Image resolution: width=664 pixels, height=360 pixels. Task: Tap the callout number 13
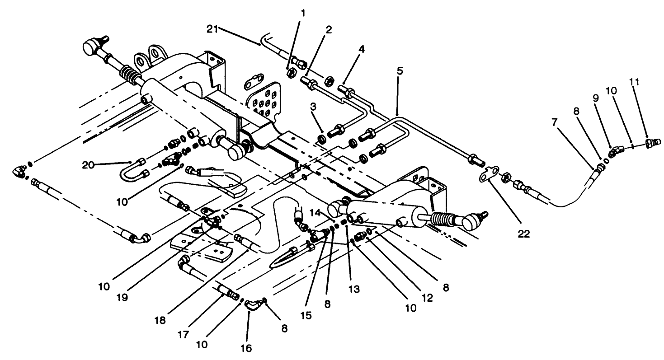click(x=354, y=288)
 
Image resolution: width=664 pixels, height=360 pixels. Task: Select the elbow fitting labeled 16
click(x=253, y=305)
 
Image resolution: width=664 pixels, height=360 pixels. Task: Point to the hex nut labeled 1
click(x=292, y=71)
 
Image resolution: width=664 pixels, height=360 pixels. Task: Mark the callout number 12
click(x=427, y=298)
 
